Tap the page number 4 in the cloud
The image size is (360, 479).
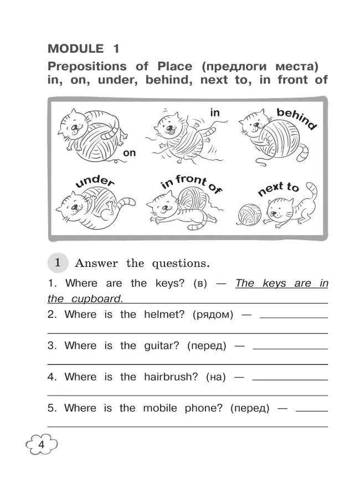pos(41,445)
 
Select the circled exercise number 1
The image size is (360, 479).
pos(58,262)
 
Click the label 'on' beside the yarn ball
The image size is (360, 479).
pos(130,153)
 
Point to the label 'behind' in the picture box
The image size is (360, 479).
pos(296,119)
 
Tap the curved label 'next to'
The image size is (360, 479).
pos(279,188)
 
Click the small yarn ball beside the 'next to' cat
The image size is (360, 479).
pos(249,214)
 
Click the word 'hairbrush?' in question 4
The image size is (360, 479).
pos(171,377)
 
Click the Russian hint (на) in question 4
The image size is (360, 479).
pos(216,378)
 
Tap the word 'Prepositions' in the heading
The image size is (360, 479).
pos(87,66)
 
